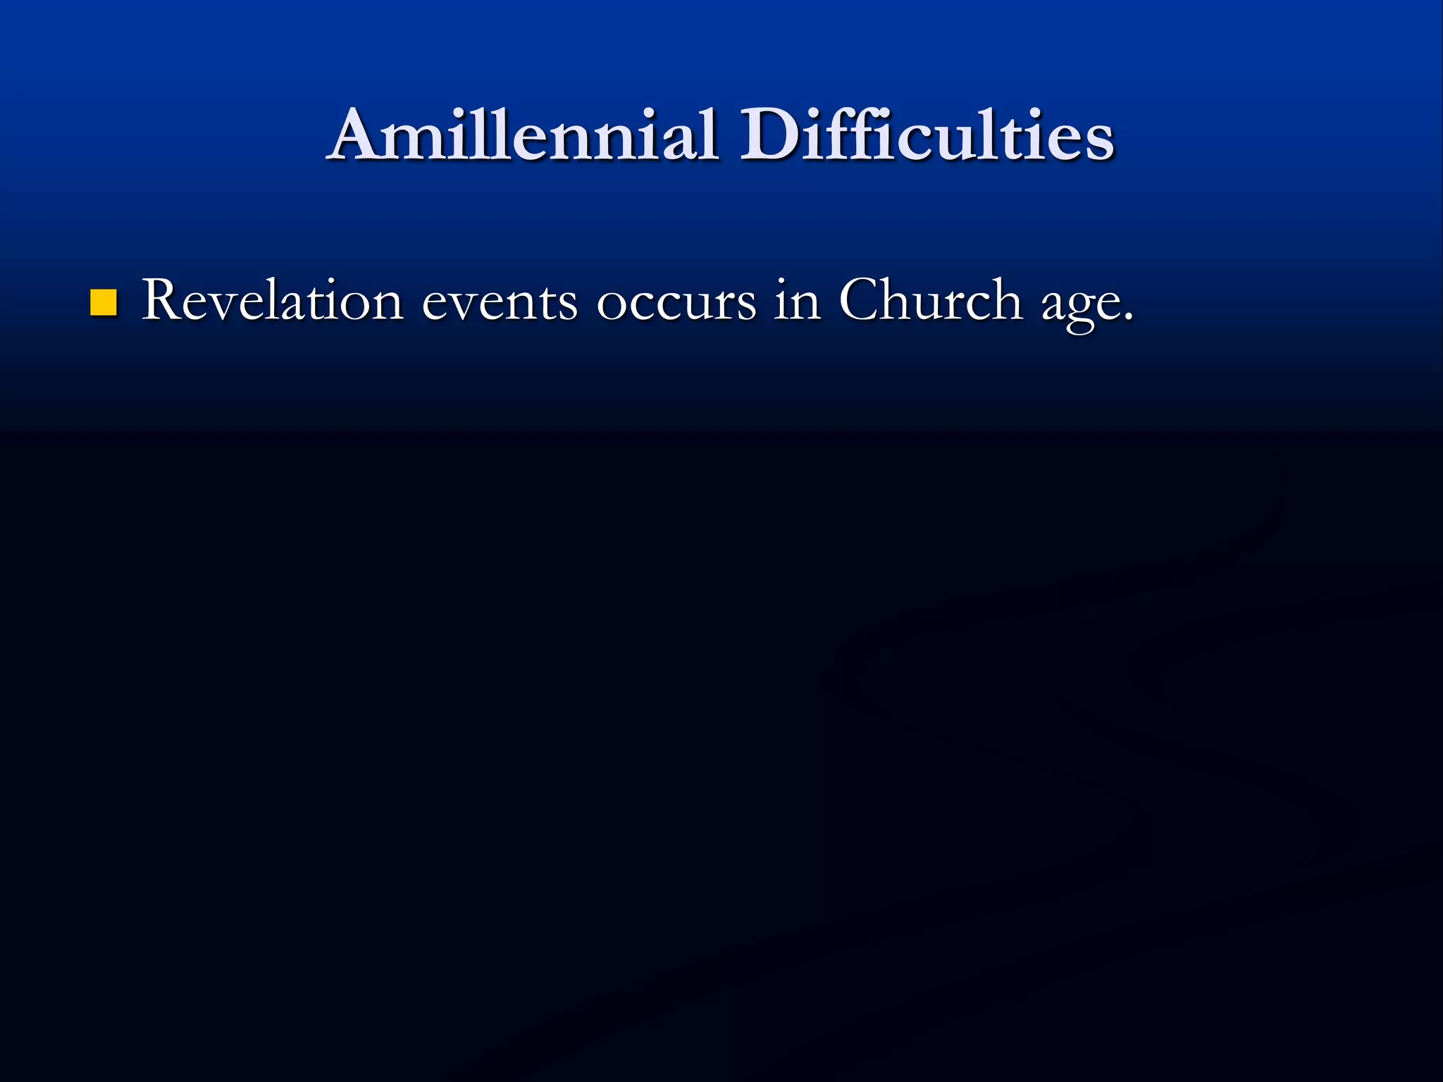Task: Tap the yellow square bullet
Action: point(104,302)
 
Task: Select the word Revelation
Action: point(272,301)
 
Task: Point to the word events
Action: point(499,303)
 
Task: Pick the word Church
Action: point(930,301)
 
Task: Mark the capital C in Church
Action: point(861,301)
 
